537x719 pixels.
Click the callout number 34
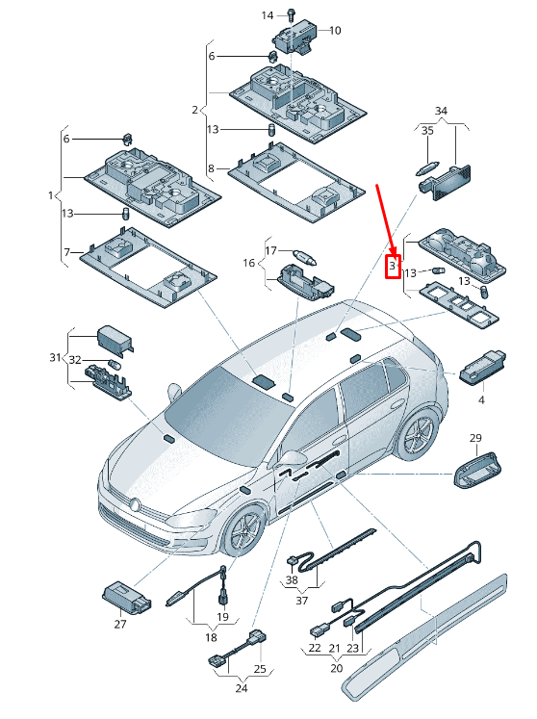click(442, 112)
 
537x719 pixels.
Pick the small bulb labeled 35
click(427, 167)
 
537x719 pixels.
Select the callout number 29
click(474, 439)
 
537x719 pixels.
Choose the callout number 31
click(54, 357)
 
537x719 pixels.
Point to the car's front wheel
click(243, 532)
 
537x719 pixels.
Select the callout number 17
click(271, 250)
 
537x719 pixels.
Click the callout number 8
click(211, 169)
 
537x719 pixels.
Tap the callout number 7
click(66, 252)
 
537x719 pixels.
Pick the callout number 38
click(292, 580)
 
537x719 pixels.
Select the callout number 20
click(336, 668)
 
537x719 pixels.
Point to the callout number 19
click(222, 616)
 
